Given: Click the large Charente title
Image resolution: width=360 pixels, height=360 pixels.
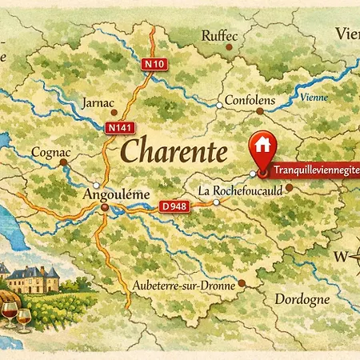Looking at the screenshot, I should point(173,150).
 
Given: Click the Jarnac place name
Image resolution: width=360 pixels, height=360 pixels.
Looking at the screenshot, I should point(99,103).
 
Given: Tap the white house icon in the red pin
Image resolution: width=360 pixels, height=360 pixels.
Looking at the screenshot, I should point(262,145).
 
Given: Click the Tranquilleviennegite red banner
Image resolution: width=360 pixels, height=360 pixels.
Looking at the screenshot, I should point(314,170).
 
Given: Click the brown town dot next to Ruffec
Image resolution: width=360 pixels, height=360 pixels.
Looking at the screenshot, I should point(230,46).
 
